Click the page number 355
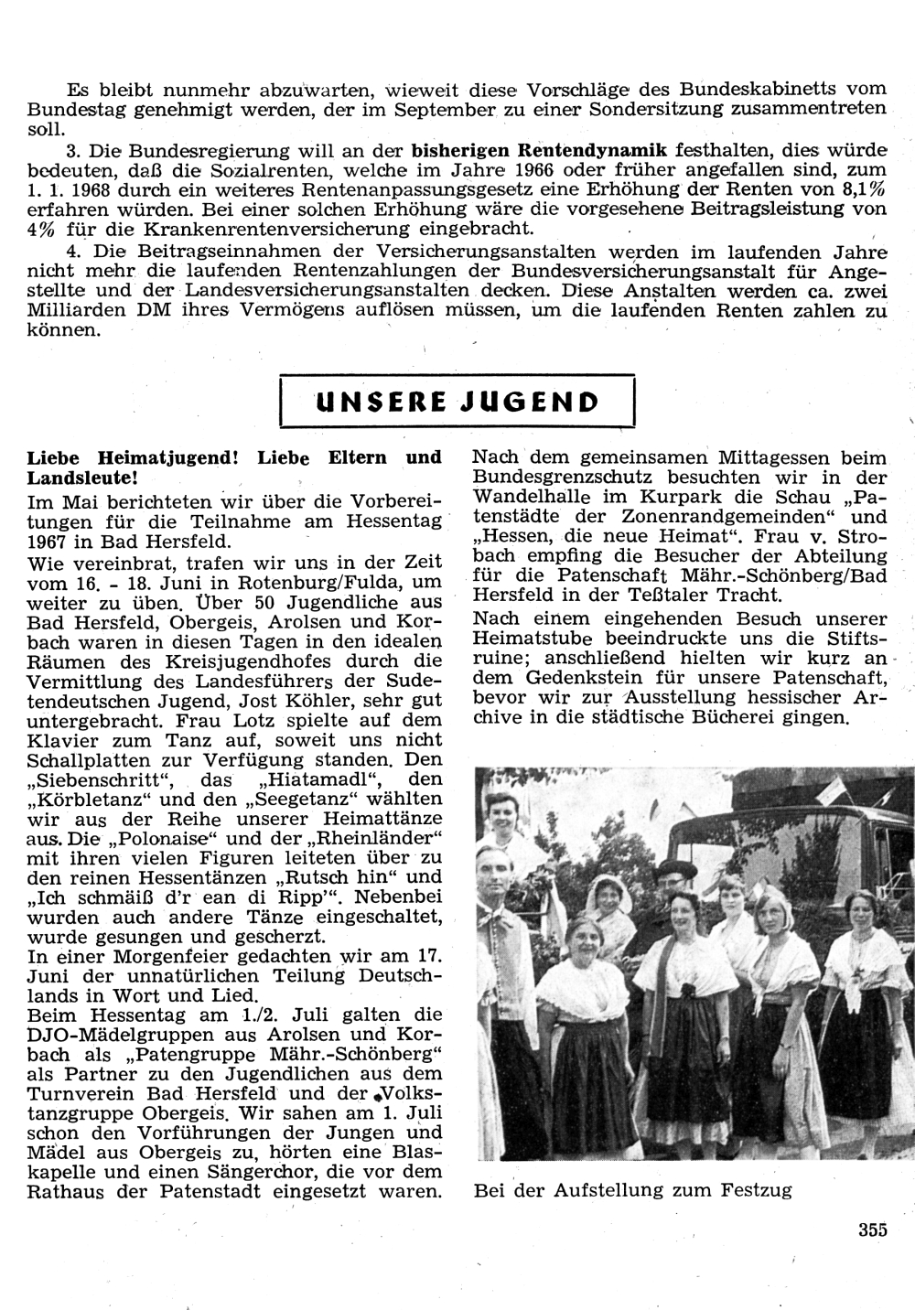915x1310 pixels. (x=873, y=1230)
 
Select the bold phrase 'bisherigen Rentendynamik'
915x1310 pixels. (x=540, y=149)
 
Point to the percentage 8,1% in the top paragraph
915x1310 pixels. (x=864, y=189)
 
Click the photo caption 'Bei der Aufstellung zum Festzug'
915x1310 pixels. (x=632, y=1191)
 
